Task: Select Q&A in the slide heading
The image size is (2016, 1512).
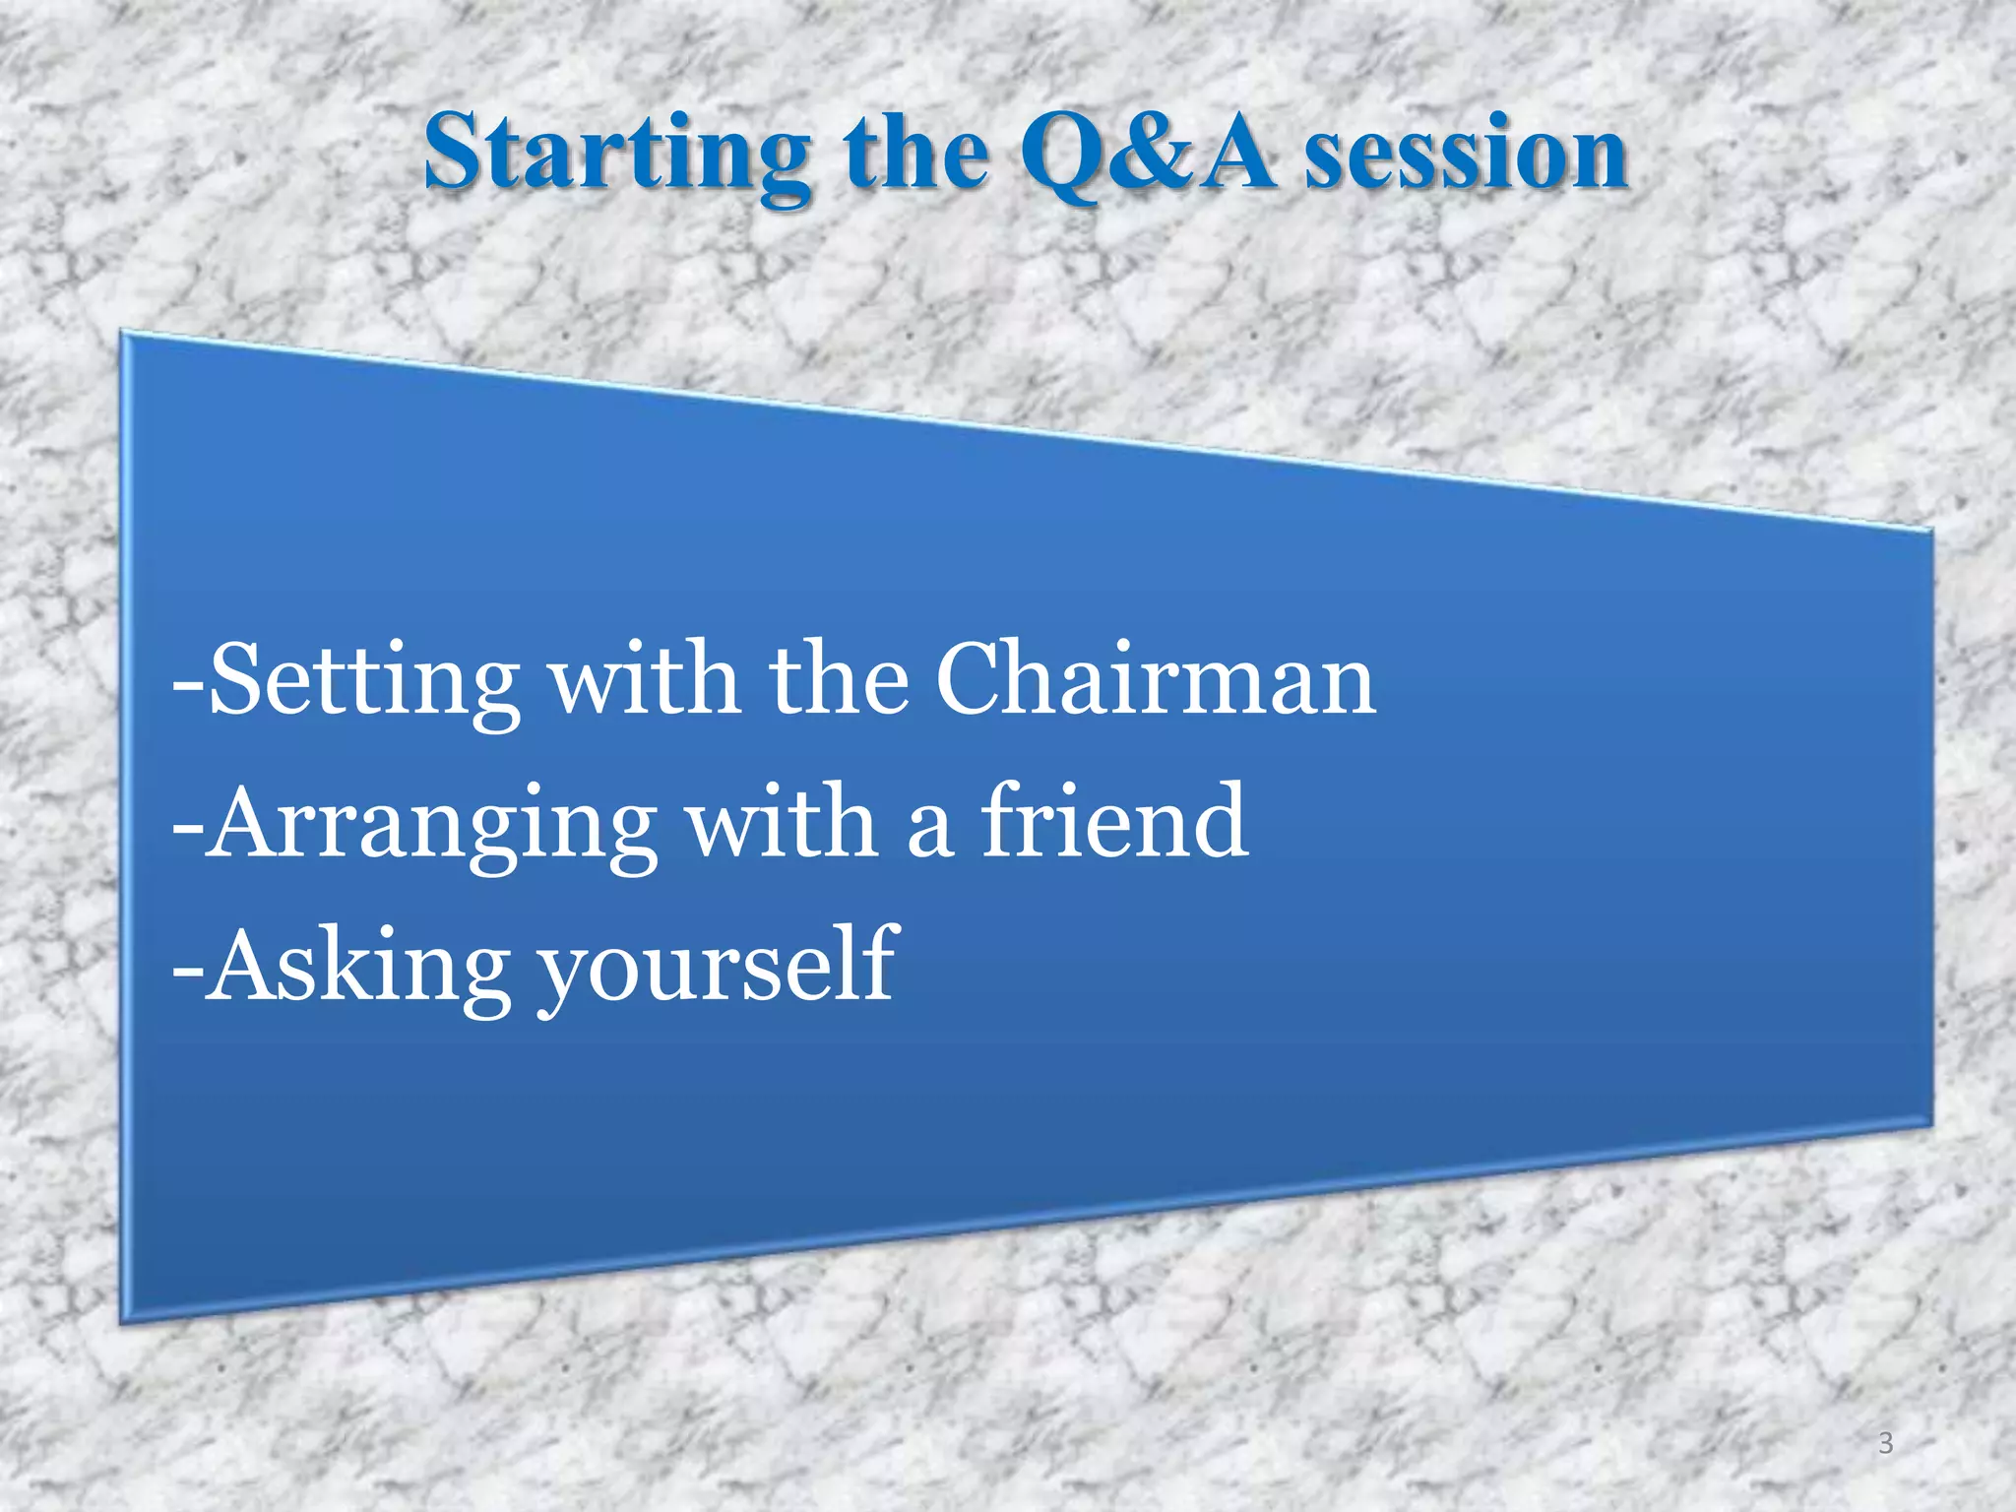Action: click(1147, 154)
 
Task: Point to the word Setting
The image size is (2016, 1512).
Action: click(364, 681)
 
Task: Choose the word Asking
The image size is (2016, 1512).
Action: click(360, 967)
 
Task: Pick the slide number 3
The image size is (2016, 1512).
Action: click(1885, 1443)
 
